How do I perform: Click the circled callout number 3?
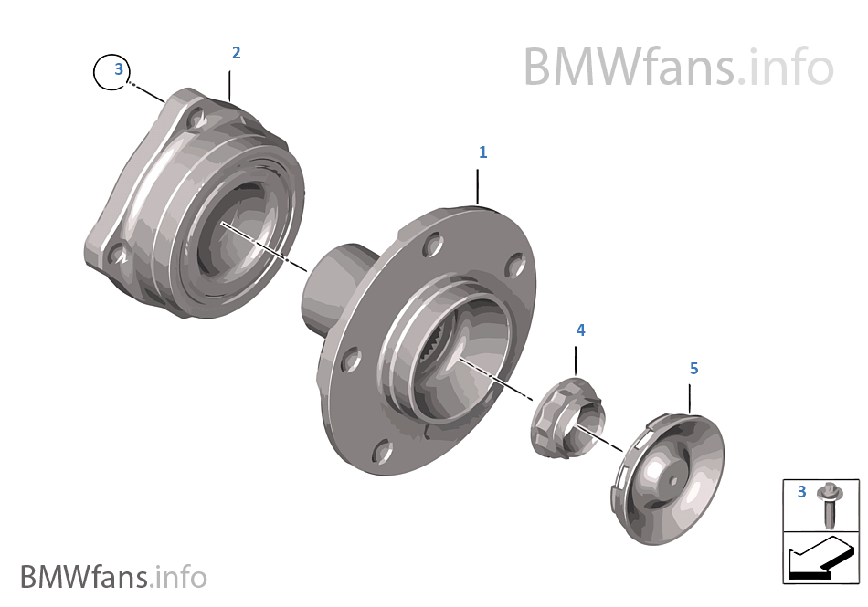tap(117, 69)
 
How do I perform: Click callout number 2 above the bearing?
tap(236, 53)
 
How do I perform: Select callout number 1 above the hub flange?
tap(483, 152)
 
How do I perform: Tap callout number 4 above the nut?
tap(580, 330)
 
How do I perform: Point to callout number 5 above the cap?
tap(693, 369)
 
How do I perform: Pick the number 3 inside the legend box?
tap(801, 493)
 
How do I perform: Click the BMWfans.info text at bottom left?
tap(113, 578)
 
